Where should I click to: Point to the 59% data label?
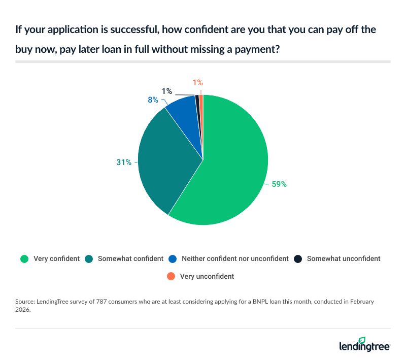click(279, 184)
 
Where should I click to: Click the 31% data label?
click(124, 162)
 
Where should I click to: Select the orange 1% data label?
click(198, 82)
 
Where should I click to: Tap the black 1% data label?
click(166, 92)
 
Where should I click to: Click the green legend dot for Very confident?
click(24, 258)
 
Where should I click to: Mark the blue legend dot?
click(173, 258)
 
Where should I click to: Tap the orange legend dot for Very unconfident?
click(171, 277)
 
